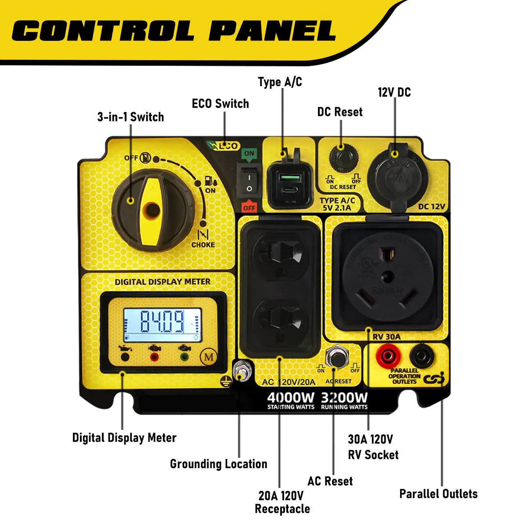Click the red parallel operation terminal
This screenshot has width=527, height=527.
coord(388,357)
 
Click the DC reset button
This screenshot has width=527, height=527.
coord(342,158)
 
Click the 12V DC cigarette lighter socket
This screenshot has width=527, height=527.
coord(394,177)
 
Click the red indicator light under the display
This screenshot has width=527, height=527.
coord(154,356)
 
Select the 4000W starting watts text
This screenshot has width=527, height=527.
coord(291,398)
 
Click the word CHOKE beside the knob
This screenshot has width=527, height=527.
coord(203,245)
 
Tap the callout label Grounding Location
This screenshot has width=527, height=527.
coord(218,464)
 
